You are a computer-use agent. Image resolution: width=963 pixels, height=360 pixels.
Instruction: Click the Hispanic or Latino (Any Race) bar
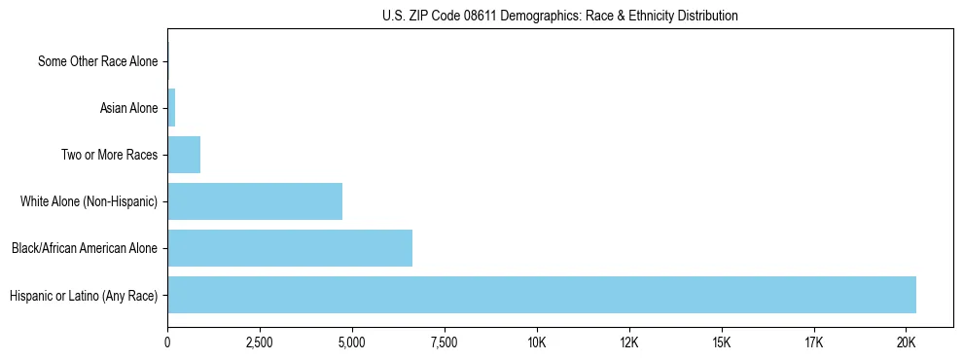pyautogui.click(x=542, y=295)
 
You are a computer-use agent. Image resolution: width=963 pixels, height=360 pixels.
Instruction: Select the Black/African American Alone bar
pyautogui.click(x=290, y=248)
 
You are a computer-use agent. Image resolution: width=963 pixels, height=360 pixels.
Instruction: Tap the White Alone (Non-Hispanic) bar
pyautogui.click(x=255, y=201)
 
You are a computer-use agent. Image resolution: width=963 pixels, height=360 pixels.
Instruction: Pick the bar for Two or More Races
pyautogui.click(x=184, y=155)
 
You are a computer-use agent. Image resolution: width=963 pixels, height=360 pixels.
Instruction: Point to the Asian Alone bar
pyautogui.click(x=171, y=108)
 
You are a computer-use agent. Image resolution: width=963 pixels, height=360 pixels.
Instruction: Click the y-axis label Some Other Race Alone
pyautogui.click(x=97, y=62)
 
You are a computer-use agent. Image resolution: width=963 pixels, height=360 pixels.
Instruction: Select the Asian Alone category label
pyautogui.click(x=128, y=108)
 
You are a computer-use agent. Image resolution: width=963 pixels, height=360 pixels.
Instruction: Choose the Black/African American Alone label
pyautogui.click(x=85, y=248)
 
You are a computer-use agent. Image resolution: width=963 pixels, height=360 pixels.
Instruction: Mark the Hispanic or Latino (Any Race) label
pyautogui.click(x=84, y=295)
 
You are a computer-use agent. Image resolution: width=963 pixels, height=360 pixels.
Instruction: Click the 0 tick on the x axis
pyautogui.click(x=167, y=342)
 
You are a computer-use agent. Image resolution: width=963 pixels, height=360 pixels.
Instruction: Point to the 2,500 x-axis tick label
pyautogui.click(x=260, y=342)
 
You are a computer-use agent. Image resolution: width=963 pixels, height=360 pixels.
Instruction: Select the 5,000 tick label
pyautogui.click(x=352, y=342)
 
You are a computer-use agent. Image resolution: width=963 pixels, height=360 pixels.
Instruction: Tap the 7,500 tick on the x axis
pyautogui.click(x=445, y=342)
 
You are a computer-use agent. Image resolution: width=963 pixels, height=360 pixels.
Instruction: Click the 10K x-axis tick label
pyautogui.click(x=537, y=342)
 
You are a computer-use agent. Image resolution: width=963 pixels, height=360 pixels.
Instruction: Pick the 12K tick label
pyautogui.click(x=629, y=342)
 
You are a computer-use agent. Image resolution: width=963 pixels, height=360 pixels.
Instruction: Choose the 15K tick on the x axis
pyautogui.click(x=722, y=342)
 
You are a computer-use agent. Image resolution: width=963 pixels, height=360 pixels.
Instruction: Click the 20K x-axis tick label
pyautogui.click(x=907, y=342)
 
